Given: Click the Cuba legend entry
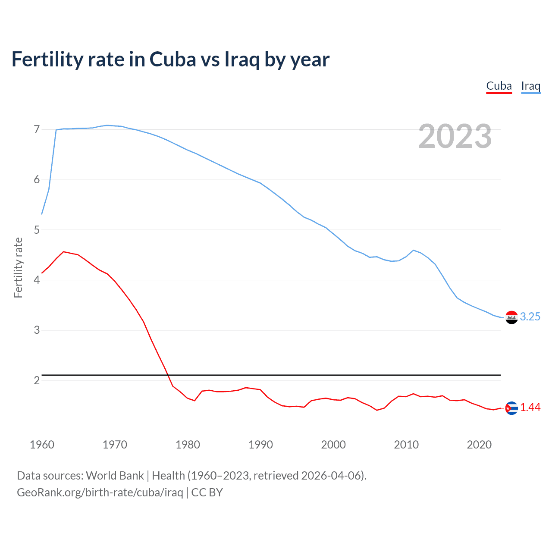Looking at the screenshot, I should click(x=499, y=86).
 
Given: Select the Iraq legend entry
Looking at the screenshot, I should click(x=530, y=86).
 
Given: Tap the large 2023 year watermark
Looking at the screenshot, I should click(x=455, y=136).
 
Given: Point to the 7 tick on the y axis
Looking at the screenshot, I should click(x=37, y=129).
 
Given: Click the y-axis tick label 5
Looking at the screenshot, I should click(x=37, y=230).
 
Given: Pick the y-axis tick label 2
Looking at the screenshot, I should click(x=37, y=380).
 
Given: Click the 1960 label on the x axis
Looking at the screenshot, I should click(x=42, y=445).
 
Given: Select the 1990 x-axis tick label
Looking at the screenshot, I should click(x=260, y=445).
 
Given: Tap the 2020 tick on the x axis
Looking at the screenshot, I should click(x=479, y=445).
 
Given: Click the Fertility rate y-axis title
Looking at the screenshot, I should click(x=18, y=267).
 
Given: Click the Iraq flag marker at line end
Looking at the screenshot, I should click(x=511, y=317).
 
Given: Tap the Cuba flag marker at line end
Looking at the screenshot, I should click(x=511, y=408).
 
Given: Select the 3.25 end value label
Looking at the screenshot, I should click(x=530, y=317).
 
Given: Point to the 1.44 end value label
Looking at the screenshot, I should click(x=530, y=407).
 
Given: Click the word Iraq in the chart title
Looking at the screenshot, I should click(x=242, y=59).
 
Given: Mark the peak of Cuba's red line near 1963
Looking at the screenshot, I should click(x=63, y=251).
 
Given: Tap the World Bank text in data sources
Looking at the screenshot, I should click(x=115, y=476).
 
